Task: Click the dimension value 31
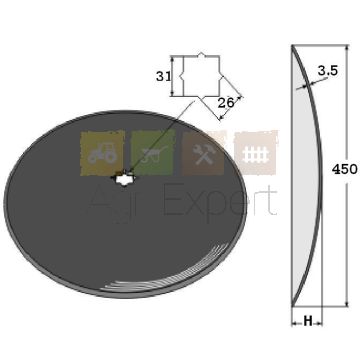(x=163, y=76)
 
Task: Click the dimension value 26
(x=226, y=103)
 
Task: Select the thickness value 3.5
(x=328, y=70)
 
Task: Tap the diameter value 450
(x=345, y=170)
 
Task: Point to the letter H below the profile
(x=308, y=321)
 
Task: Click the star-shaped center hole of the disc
(x=122, y=179)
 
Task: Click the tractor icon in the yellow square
(x=102, y=153)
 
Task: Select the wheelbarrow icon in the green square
(x=154, y=154)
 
